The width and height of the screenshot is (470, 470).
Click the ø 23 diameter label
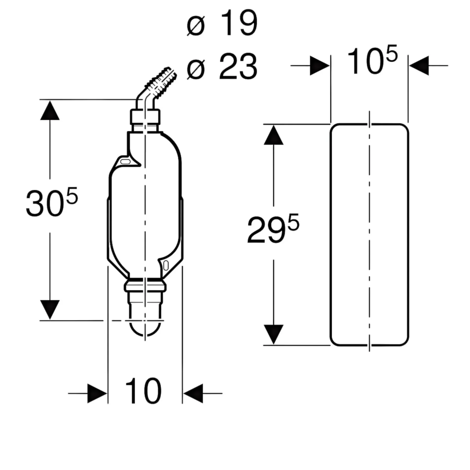222,66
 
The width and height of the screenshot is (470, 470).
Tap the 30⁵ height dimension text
52,202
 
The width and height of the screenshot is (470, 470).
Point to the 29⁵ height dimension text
273,229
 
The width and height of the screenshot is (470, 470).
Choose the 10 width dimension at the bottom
143,391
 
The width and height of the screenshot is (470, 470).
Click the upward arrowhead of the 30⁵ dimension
50,110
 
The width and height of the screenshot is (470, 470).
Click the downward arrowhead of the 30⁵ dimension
50,310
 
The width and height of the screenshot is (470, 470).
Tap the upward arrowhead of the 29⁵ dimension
273,135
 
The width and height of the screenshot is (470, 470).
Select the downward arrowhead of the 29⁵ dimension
273,334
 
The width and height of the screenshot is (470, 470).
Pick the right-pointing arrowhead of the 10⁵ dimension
320,66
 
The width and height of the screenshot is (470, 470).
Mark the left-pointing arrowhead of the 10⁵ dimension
419,66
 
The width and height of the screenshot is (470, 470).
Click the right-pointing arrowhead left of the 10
97,393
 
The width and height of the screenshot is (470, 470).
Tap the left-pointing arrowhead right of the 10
193,393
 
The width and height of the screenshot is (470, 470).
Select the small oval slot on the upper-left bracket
125,162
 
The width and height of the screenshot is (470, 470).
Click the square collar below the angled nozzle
145,117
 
